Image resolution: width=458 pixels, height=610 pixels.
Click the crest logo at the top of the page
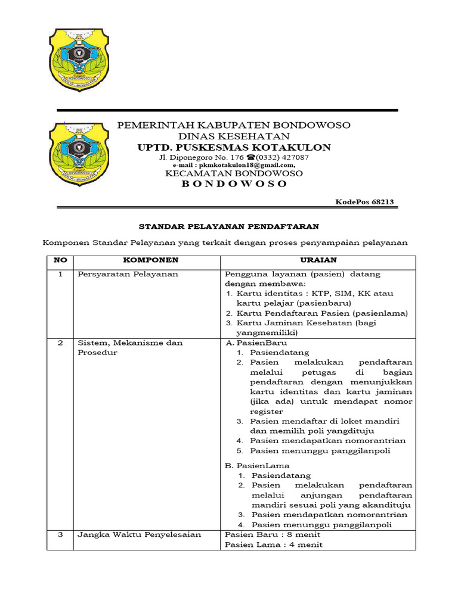click(78, 59)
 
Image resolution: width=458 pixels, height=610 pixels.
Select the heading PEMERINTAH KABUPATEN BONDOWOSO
click(233, 125)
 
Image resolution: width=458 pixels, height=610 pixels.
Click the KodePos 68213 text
click(364, 203)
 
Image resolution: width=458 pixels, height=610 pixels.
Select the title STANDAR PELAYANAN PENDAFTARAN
click(229, 226)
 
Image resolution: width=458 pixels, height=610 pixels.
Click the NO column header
click(60, 260)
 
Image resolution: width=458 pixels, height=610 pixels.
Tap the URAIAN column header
click(317, 260)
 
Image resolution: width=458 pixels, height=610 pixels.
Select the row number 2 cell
click(60, 343)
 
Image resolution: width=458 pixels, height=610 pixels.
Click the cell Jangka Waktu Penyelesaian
click(139, 534)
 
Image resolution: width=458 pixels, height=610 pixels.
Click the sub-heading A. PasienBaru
click(256, 343)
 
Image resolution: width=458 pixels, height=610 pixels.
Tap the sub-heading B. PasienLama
click(257, 465)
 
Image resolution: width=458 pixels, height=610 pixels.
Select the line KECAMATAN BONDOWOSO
click(234, 173)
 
